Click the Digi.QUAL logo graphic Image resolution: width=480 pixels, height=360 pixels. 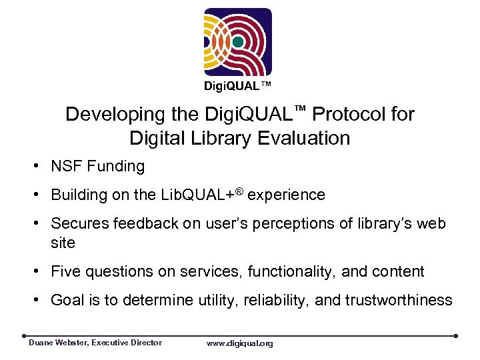pyautogui.click(x=238, y=42)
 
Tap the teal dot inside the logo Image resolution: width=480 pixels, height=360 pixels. pyautogui.click(x=238, y=41)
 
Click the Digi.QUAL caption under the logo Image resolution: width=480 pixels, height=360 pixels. pyautogui.click(x=238, y=86)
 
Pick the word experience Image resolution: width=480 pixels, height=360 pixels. pyautogui.click(x=287, y=195)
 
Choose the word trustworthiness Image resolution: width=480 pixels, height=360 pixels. pyautogui.click(x=399, y=301)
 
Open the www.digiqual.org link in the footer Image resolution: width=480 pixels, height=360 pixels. pyautogui.click(x=239, y=343)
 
